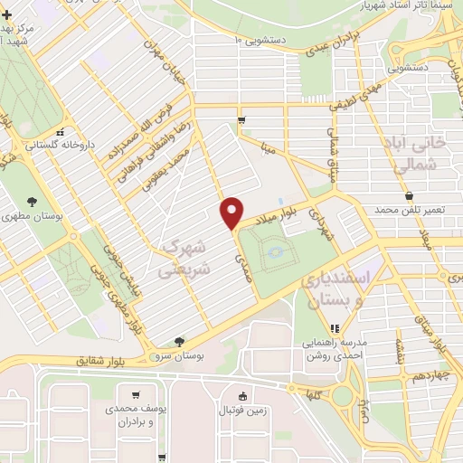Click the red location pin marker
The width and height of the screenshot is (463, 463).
(x=232, y=213)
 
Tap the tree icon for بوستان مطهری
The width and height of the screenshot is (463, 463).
(x=33, y=202)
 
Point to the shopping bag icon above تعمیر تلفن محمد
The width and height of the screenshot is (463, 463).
(x=410, y=194)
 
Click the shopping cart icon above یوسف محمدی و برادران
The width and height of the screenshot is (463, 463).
(x=136, y=394)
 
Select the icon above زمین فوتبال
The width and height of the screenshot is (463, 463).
(x=242, y=395)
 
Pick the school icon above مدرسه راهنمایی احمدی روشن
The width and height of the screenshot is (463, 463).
(x=335, y=328)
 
